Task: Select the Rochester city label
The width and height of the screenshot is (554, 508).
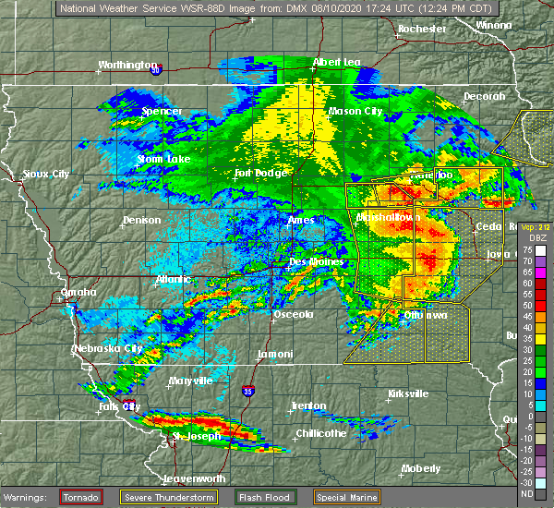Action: pos(422,30)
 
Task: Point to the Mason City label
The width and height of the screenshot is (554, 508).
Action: pos(355,112)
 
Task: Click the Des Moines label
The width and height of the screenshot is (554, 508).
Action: pos(317,261)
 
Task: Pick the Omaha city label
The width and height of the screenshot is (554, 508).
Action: pos(78,292)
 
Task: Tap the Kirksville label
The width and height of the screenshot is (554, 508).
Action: pos(409,393)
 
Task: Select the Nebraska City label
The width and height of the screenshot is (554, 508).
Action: pos(108,349)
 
